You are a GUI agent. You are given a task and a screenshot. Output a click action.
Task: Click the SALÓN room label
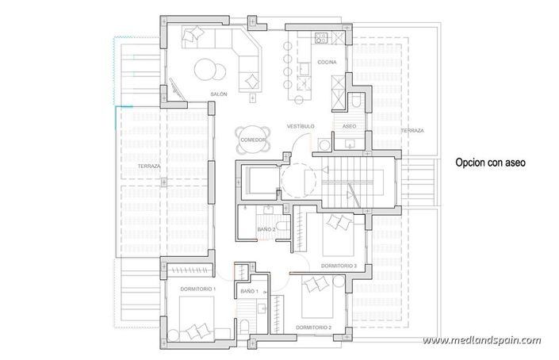[219, 94]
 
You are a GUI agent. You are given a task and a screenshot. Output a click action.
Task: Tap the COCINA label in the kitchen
[327, 62]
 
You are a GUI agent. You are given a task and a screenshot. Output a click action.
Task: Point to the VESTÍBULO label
[301, 126]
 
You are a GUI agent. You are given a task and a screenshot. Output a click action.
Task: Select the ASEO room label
[349, 126]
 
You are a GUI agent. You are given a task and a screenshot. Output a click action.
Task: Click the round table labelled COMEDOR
[251, 140]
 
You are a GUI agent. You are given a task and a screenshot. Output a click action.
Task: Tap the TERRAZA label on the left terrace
[148, 167]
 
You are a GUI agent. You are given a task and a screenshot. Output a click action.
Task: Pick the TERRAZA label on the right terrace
[412, 130]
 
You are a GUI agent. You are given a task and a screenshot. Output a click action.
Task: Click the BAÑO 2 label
[266, 229]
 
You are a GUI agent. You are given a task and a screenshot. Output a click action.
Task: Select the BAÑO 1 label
[250, 292]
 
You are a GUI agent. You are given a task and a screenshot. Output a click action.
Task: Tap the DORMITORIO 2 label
[313, 327]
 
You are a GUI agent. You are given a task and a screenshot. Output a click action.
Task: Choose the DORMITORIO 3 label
[339, 266]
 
